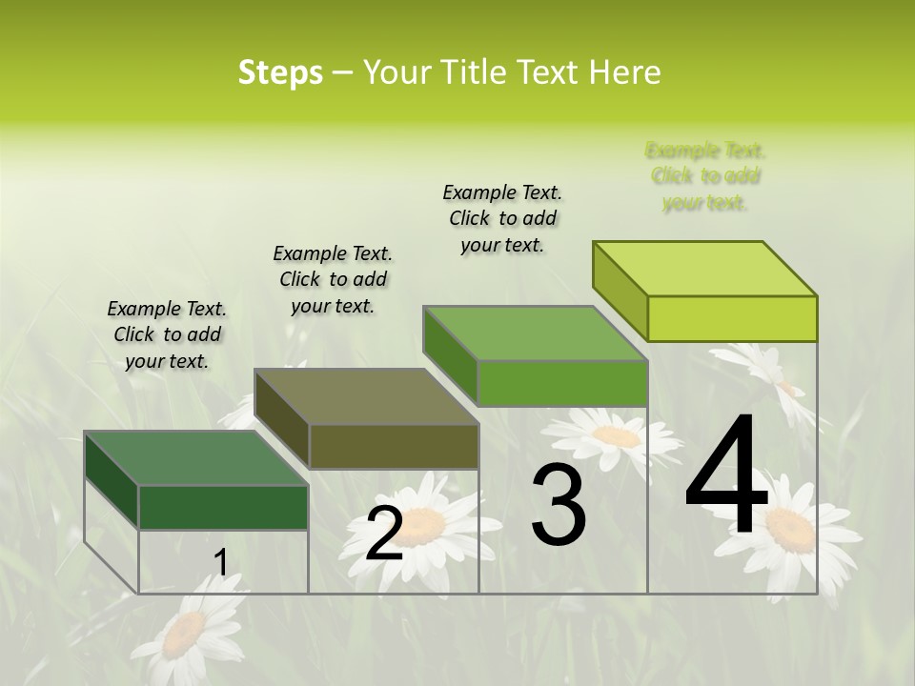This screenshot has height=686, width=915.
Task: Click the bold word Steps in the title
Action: pyautogui.click(x=280, y=72)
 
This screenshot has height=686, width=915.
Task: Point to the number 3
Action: pyautogui.click(x=559, y=505)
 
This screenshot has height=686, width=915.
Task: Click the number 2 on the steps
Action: pyautogui.click(x=384, y=533)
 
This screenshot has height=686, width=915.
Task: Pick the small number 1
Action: pyautogui.click(x=221, y=563)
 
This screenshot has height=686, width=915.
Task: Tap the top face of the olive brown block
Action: pyautogui.click(x=366, y=396)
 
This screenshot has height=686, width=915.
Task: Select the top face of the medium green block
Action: pyautogui.click(x=535, y=333)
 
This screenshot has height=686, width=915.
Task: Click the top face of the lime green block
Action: pyautogui.click(x=705, y=269)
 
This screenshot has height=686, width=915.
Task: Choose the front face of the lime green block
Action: pyautogui.click(x=732, y=318)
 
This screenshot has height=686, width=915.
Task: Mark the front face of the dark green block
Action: pyautogui.click(x=223, y=507)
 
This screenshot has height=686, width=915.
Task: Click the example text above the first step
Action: pyautogui.click(x=167, y=334)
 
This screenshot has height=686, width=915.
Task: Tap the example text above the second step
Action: pyautogui.click(x=333, y=279)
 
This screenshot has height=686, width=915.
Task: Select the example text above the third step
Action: pyautogui.click(x=502, y=218)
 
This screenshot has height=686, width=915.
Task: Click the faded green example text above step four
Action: pyautogui.click(x=705, y=176)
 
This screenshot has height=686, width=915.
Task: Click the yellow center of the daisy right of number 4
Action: pyautogui.click(x=790, y=527)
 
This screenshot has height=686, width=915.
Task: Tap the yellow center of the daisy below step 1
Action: pyautogui.click(x=185, y=634)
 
